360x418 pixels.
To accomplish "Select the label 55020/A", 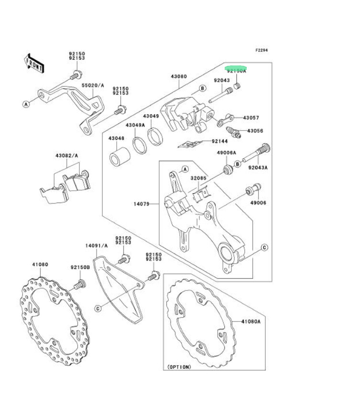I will pyautogui.click(x=93, y=85).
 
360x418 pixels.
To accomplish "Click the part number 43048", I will pyautogui.click(x=116, y=139).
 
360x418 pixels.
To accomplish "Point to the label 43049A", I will pyautogui.click(x=135, y=125).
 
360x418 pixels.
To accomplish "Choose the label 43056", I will pyautogui.click(x=255, y=130).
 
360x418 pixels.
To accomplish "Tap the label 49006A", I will pyautogui.click(x=227, y=153).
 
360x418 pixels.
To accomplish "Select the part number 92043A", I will pyautogui.click(x=258, y=168).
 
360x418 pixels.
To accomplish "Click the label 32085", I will pyautogui.click(x=198, y=178).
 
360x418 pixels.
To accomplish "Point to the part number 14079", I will pyautogui.click(x=142, y=204).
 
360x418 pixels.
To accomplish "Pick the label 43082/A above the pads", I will pyautogui.click(x=66, y=156).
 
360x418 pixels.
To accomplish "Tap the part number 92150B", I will pyautogui.click(x=80, y=268).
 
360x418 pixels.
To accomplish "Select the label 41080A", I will pyautogui.click(x=250, y=322).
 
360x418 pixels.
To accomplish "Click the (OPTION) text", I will pyautogui.click(x=179, y=367).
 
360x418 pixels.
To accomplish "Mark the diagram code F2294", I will pyautogui.click(x=262, y=50).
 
